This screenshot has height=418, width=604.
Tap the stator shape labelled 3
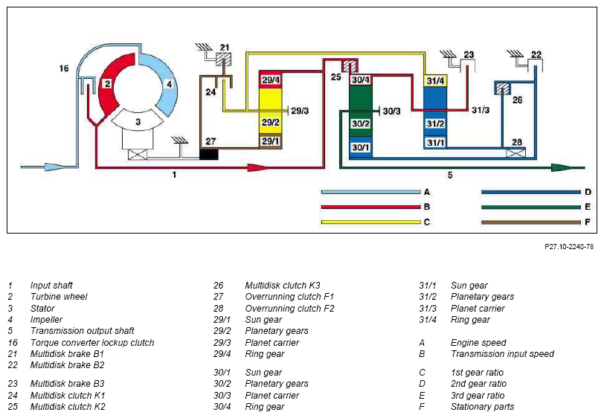(x=138, y=120)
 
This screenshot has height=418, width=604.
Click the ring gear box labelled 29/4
(x=271, y=80)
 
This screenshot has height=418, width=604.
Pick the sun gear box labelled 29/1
(x=271, y=142)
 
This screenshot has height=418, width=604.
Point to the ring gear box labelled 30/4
(x=361, y=80)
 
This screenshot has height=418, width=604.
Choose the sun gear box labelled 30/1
(x=361, y=147)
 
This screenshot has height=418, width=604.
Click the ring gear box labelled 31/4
(x=436, y=80)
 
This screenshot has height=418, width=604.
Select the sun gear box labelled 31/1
(x=436, y=143)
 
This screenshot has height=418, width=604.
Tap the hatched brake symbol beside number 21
(x=223, y=60)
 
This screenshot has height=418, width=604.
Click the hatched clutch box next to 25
(x=350, y=66)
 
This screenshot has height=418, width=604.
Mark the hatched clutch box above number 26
(x=502, y=89)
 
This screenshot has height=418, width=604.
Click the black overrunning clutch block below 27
(x=209, y=155)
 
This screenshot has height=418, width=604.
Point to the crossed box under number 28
(x=515, y=153)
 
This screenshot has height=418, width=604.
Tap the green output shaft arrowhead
(x=562, y=167)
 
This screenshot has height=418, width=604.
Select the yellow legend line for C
(x=371, y=222)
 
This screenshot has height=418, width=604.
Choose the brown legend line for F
(x=531, y=222)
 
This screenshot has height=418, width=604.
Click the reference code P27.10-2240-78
(x=569, y=247)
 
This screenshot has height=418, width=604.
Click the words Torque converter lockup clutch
(x=92, y=342)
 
